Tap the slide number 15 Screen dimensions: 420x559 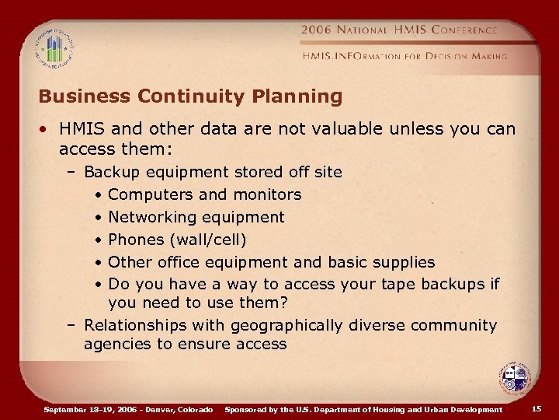click(x=536, y=409)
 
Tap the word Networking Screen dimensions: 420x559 click(x=153, y=217)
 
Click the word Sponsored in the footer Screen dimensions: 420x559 click(x=246, y=409)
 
